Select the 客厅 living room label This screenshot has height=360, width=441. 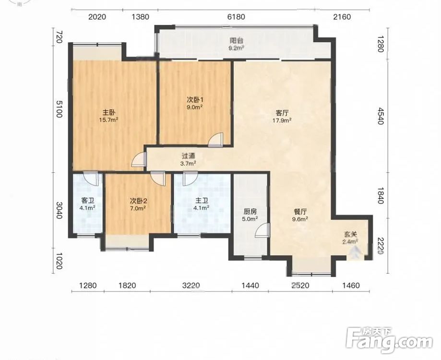[282, 113]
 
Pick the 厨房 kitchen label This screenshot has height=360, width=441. [250, 211]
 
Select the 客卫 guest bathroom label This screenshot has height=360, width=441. [87, 201]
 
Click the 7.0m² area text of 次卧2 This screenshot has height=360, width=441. [138, 208]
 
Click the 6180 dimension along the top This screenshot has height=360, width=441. [236, 17]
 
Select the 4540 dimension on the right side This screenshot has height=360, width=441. [380, 116]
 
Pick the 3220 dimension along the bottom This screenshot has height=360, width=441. [191, 286]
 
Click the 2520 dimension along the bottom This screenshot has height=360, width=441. [300, 286]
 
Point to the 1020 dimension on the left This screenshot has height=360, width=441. [58, 261]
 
